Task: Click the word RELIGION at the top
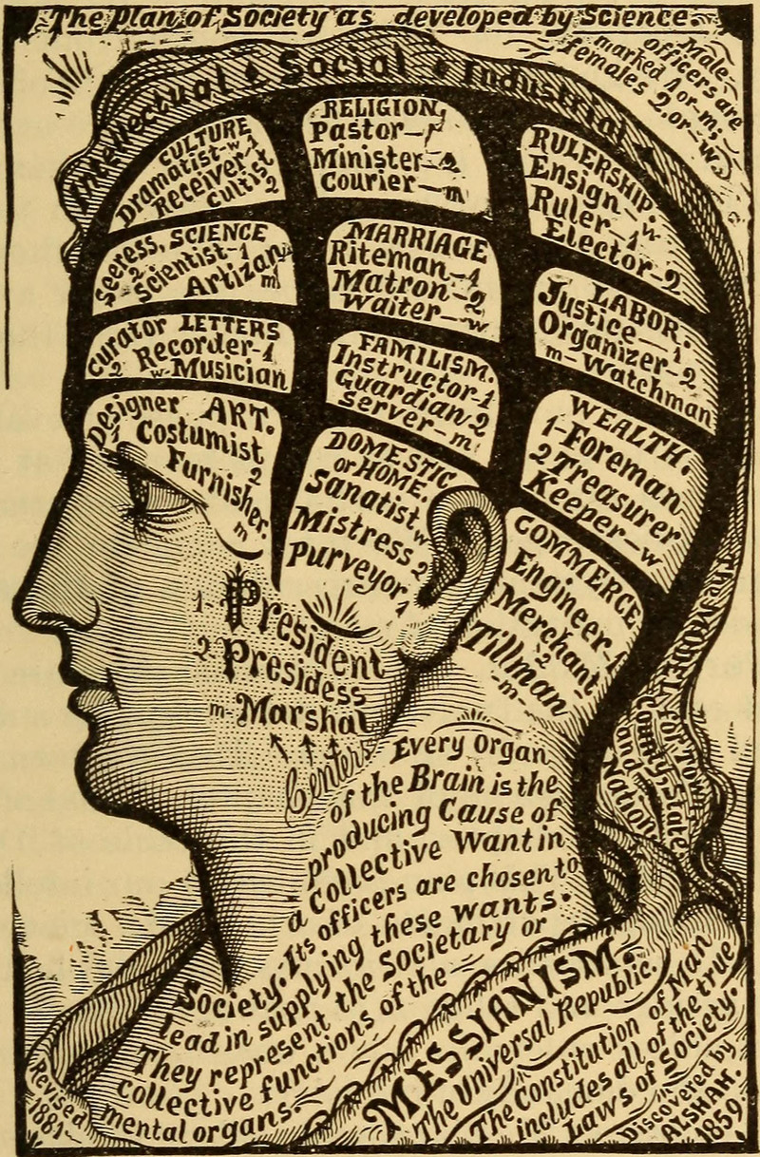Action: click(x=387, y=108)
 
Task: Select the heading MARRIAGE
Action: click(x=409, y=236)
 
